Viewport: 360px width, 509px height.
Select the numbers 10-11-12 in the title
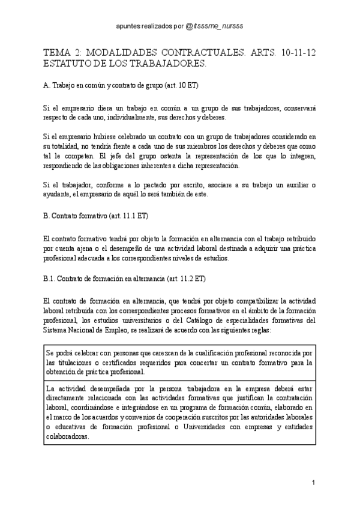tap(296, 53)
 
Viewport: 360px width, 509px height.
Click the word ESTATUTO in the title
tap(68, 62)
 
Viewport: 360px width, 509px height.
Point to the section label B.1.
tap(50, 278)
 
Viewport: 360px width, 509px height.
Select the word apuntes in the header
tap(128, 27)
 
